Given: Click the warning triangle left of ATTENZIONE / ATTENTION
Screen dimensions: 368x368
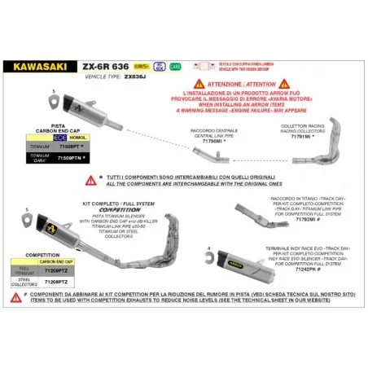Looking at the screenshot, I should pyautogui.click(x=198, y=83).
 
